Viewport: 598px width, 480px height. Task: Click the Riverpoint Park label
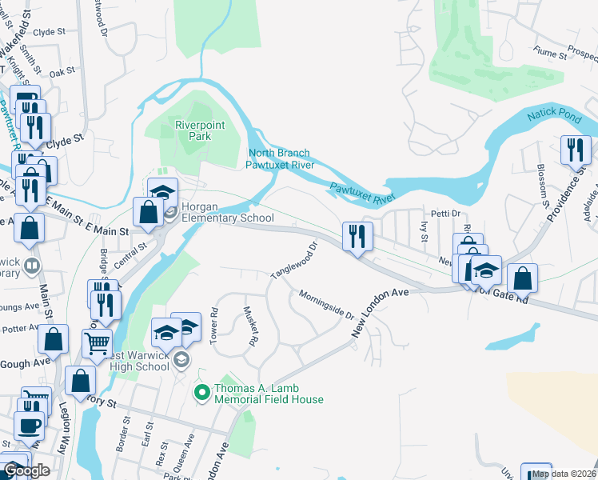pyautogui.click(x=200, y=130)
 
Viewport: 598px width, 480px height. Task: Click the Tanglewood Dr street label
pyautogui.click(x=294, y=261)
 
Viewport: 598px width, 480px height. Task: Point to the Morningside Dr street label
pyautogui.click(x=326, y=304)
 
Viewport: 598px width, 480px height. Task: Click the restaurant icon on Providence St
pyautogui.click(x=575, y=150)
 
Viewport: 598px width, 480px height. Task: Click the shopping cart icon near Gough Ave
pyautogui.click(x=97, y=343)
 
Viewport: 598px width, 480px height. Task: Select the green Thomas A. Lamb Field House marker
pyautogui.click(x=201, y=392)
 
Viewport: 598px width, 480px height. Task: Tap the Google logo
pyautogui.click(x=26, y=470)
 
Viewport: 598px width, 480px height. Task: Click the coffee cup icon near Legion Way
pyautogui.click(x=30, y=426)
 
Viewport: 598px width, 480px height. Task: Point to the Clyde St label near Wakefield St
pyautogui.click(x=50, y=33)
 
